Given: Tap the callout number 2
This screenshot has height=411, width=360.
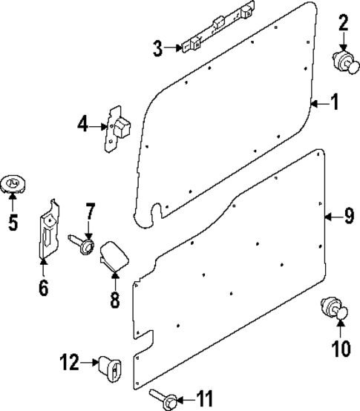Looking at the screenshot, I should tap(343, 23).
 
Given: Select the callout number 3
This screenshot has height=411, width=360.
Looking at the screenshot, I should tap(157, 50).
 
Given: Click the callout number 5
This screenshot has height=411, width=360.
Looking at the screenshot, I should tap(13, 222).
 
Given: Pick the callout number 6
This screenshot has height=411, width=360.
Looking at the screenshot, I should tap(43, 287).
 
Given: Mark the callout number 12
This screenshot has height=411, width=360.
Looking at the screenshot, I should tap(69, 363).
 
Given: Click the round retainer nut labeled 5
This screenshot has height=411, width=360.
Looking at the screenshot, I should tap(13, 183).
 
